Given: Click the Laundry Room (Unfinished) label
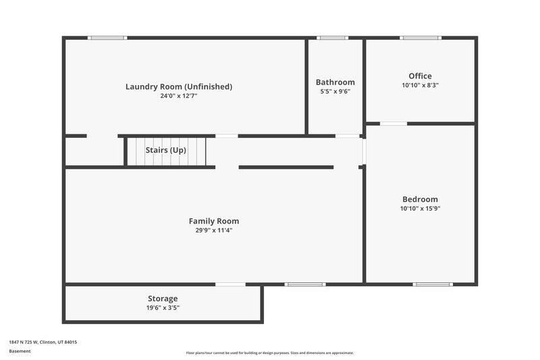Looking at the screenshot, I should pos(179,86).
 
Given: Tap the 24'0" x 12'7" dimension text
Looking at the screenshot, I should pos(179,96).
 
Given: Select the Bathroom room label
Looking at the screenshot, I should pos(335,82).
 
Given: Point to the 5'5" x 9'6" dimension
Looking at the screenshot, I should pos(335,91).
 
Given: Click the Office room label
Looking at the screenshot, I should pos(420,76).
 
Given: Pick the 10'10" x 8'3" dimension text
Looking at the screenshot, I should pos(420,85).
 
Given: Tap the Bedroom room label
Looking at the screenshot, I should pos(420,199).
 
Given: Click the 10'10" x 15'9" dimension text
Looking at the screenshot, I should pos(420,209).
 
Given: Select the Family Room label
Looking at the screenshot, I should pos(213,221).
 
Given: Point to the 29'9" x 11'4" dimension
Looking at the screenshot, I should pos(213,230).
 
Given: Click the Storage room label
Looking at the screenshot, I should pos(163,299).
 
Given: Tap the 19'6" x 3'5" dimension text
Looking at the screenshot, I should pos(163,307).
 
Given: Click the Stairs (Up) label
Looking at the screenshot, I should pos(166,150).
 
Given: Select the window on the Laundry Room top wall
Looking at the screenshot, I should pos(108,38).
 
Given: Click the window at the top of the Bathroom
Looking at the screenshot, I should pos(333,38).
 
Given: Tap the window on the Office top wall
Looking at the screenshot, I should pos(420,38).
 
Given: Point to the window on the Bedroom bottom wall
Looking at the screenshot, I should pos(433,284).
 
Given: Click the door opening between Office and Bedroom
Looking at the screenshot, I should pos(394,124).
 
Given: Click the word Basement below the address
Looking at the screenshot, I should pos(19,351).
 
